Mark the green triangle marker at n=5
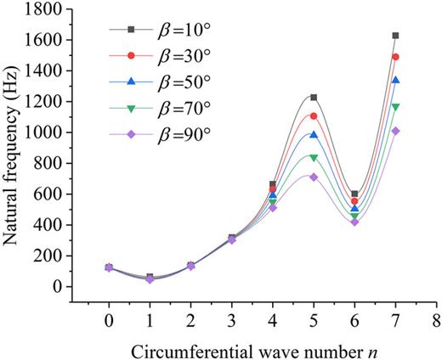pyautogui.click(x=314, y=157)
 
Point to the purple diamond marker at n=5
pyautogui.click(x=314, y=177)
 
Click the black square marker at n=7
pyautogui.click(x=395, y=36)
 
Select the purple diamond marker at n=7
pyautogui.click(x=395, y=131)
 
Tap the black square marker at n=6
pyautogui.click(x=354, y=194)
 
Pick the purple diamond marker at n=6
pyautogui.click(x=354, y=222)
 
